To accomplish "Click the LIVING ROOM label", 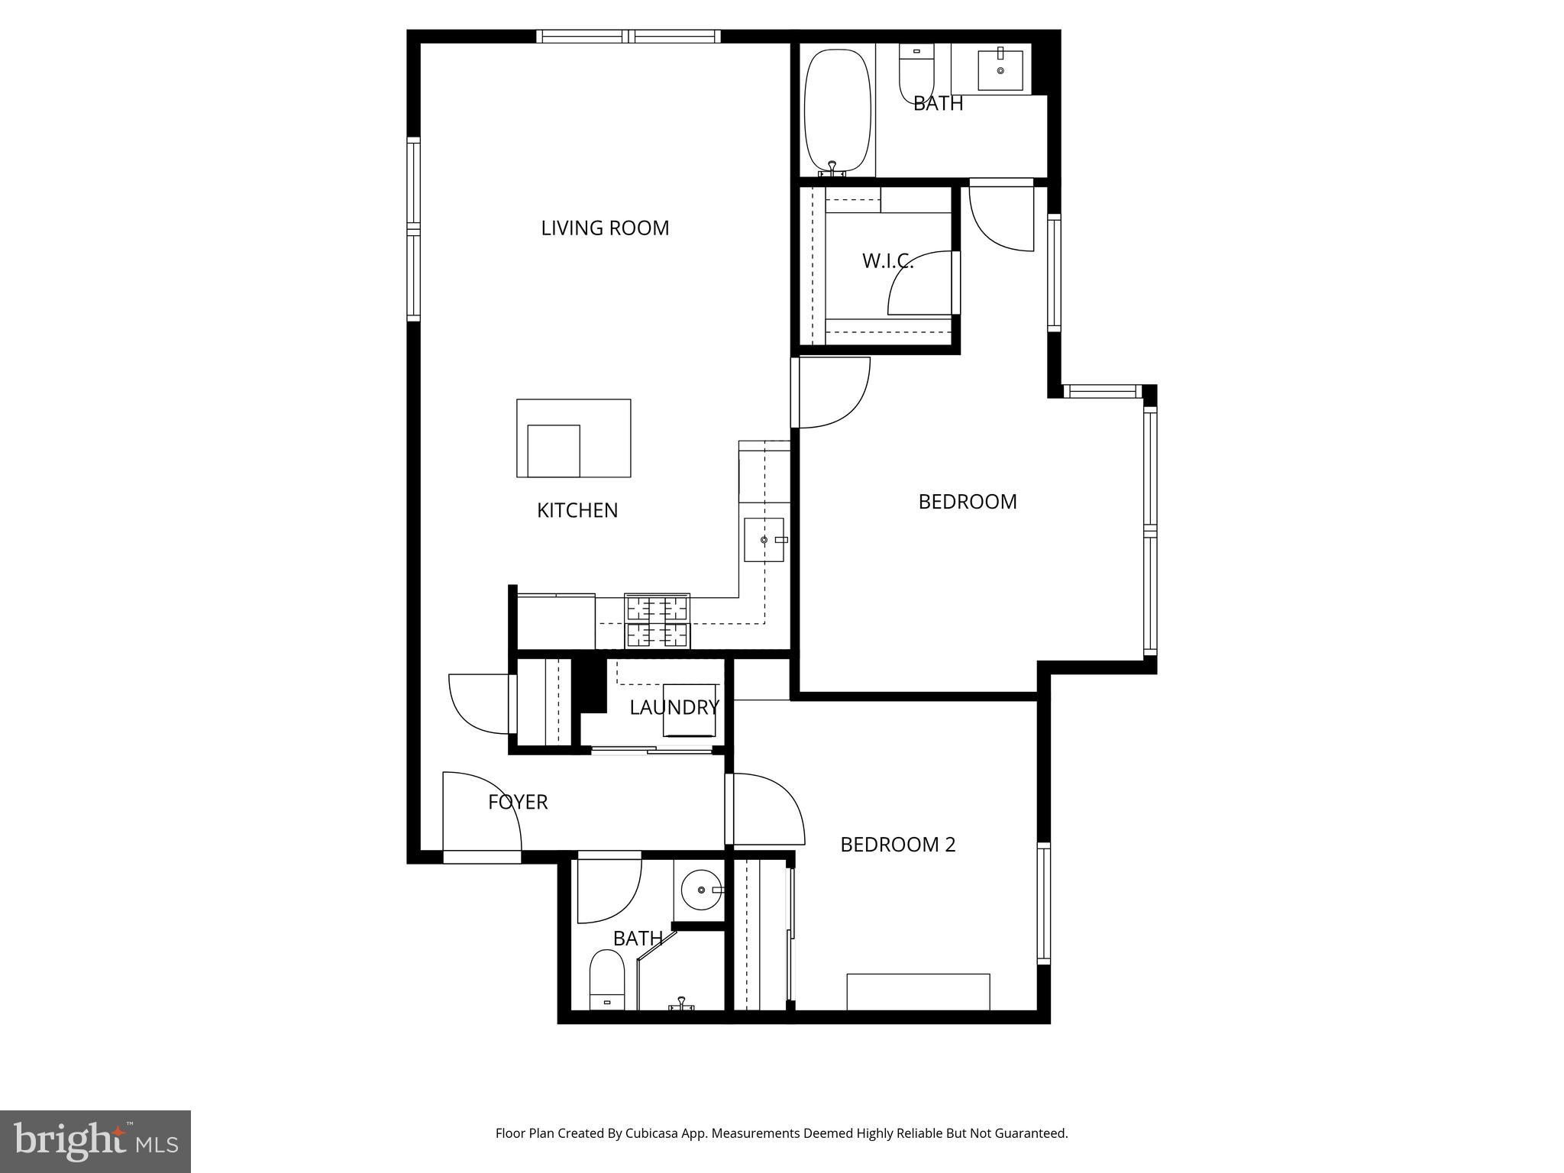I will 605,228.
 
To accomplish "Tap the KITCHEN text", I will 577,510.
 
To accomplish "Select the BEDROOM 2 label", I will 897,845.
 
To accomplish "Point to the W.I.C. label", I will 887,261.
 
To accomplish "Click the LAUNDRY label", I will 674,707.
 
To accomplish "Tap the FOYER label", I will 518,802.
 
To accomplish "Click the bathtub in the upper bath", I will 838,111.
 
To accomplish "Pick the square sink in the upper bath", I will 1000,70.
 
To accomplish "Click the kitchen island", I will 574,438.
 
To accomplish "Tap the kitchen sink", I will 764,540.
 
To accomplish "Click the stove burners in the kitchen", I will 658,622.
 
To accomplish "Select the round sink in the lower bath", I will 701,890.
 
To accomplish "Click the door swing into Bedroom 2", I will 767,808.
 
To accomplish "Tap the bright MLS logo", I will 95,1141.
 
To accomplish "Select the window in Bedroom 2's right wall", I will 1043,903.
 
